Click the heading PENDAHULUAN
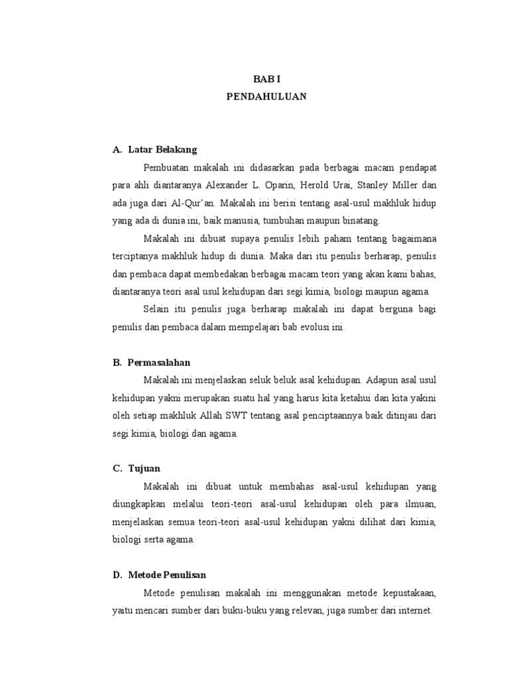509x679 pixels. click(266, 95)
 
